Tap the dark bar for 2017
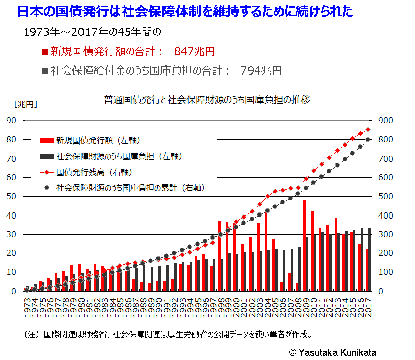tap(370, 259)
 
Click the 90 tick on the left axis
tap(11, 121)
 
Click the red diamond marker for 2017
tap(368, 130)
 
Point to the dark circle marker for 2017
tap(368, 140)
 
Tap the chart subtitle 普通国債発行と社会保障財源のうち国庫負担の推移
tap(207, 99)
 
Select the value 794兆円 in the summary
tap(261, 70)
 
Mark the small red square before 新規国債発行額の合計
tap(45, 52)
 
